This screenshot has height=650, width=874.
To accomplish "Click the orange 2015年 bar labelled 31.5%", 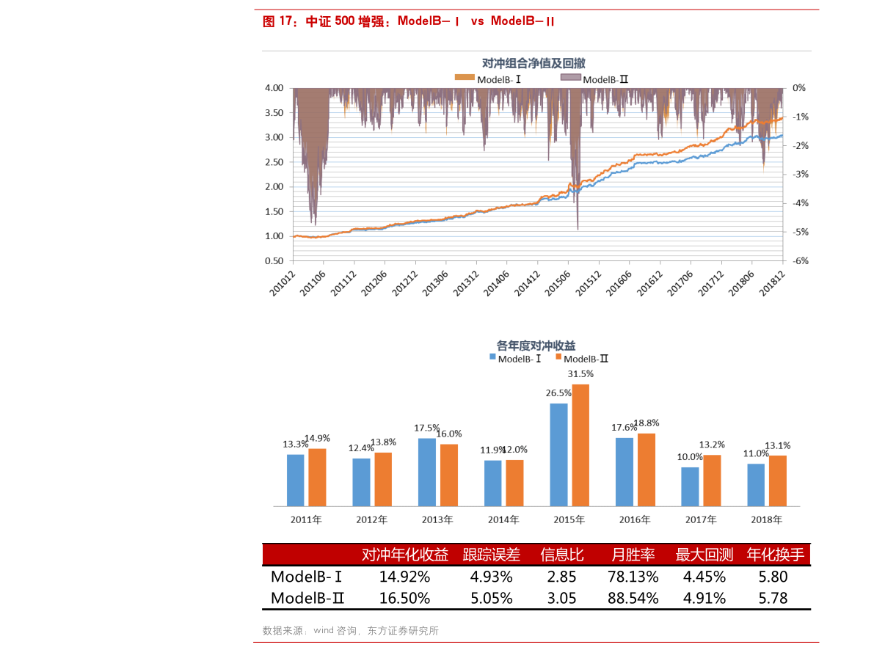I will (581, 445).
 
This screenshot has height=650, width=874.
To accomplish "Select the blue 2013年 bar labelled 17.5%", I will (427, 472).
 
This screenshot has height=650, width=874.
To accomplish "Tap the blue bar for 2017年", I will (690, 486).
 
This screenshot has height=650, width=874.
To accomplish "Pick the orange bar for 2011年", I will (317, 477).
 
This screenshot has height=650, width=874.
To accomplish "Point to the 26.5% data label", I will (558, 393).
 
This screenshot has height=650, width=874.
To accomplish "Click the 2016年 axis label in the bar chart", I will (635, 519).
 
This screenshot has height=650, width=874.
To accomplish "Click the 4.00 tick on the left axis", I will (273, 88).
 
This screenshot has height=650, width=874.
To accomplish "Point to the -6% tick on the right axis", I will (800, 260).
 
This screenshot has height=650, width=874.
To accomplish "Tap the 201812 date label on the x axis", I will (774, 282).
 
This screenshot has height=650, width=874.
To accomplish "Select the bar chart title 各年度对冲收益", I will (536, 345).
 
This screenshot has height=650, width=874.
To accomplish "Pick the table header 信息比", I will (562, 555).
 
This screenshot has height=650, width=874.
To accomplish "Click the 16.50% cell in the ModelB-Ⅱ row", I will (404, 598).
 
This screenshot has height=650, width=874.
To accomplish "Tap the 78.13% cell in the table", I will (633, 576).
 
